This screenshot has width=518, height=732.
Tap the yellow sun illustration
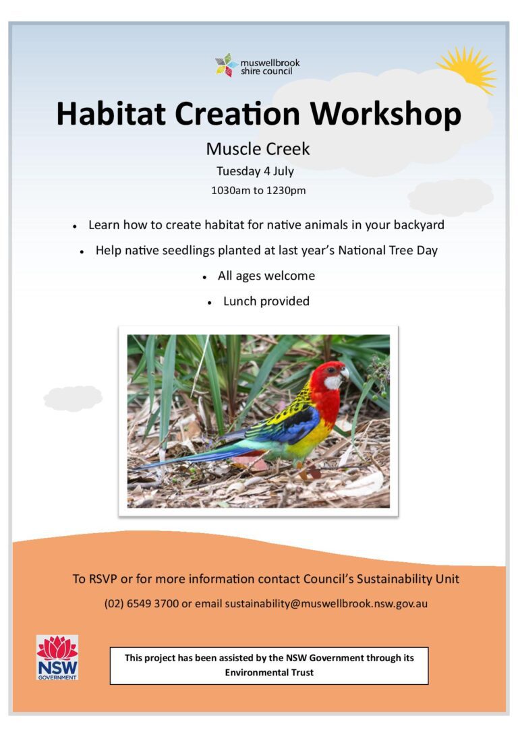469,69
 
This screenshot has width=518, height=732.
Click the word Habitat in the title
111,113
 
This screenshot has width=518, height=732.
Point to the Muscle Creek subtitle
258,149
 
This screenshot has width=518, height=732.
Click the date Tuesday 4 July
255,171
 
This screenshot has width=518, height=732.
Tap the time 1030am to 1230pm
258,191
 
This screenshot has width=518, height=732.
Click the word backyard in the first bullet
419,225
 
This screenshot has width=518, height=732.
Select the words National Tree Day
388,250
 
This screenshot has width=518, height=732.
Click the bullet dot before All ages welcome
204,278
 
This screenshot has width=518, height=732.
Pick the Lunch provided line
266,301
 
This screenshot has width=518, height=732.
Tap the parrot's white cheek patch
333,382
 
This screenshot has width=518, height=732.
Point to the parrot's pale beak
345,372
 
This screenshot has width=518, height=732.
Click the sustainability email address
326,604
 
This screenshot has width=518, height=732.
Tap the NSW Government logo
57,657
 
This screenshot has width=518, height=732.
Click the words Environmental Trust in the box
269,672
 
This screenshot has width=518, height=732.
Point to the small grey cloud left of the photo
74,398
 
